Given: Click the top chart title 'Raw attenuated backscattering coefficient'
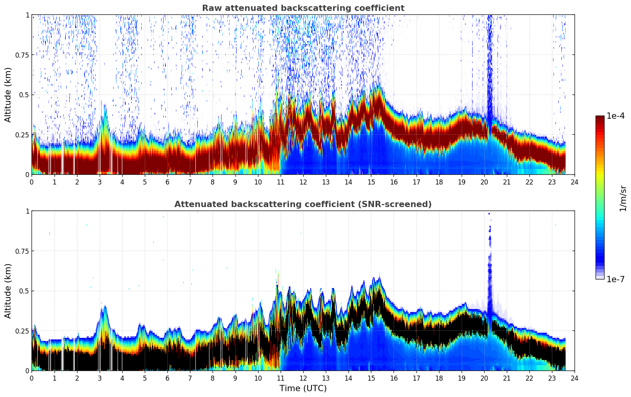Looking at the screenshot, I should (x=303, y=8).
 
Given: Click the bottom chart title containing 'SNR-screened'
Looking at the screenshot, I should (x=303, y=204).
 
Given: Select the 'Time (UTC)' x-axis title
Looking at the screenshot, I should (x=303, y=388).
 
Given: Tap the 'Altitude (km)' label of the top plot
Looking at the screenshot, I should (x=8, y=95).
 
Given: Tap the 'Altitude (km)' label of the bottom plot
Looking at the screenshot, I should (x=8, y=291).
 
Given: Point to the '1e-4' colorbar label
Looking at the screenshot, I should (x=615, y=116).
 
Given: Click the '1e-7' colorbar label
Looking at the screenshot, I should (x=615, y=279).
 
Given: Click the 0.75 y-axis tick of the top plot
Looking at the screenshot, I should (x=22, y=55).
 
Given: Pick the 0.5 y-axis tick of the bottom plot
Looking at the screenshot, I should (x=25, y=291).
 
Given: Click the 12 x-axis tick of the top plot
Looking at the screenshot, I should (x=303, y=182).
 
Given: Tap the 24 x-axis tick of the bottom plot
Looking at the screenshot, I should (x=575, y=378).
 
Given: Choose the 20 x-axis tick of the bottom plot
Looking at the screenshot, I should (x=484, y=378).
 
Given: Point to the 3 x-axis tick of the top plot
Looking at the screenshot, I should (x=100, y=182).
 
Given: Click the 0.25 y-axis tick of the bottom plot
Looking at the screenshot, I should (x=22, y=331).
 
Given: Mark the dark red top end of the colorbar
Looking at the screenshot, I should (x=600, y=118).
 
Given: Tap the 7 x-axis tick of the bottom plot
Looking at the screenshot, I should (x=190, y=378).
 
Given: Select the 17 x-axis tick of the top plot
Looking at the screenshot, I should (x=416, y=182).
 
